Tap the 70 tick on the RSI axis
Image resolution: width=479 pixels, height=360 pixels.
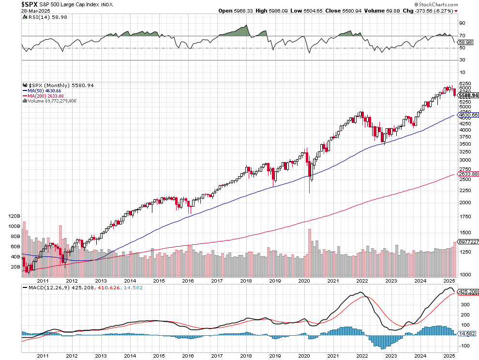point(463,36)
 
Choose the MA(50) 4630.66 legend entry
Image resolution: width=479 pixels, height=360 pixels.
point(45,90)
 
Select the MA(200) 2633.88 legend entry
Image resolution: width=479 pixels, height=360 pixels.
point(46,96)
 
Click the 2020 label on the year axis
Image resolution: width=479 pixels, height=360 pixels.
point(304,281)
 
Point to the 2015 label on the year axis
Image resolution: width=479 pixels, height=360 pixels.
point(159,281)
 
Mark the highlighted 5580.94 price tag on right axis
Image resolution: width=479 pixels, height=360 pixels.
point(467,95)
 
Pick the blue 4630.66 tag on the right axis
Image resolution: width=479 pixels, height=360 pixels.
point(467,115)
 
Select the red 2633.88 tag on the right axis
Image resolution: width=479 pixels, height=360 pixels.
point(467,174)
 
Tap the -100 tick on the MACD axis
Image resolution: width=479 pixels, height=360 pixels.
point(465,345)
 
